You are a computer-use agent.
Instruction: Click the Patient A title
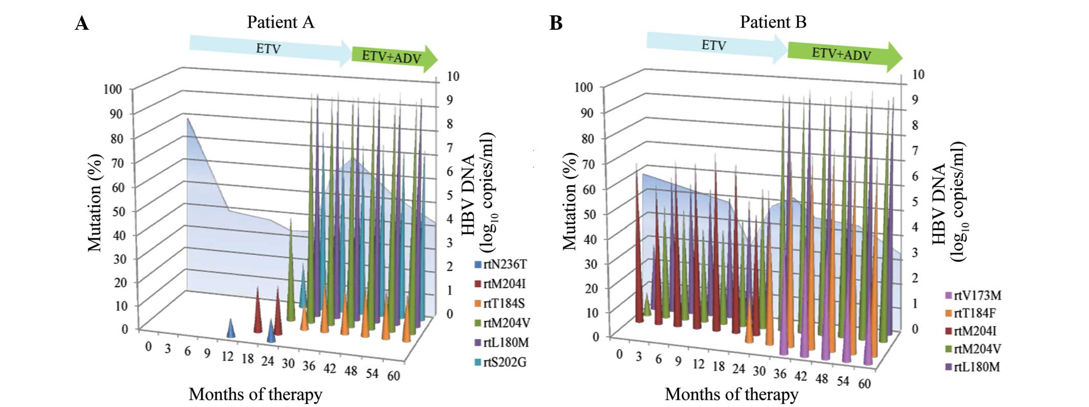point(280,22)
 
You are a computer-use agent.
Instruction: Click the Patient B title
point(772,22)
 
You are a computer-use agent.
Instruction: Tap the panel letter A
point(82,24)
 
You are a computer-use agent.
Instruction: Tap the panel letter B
point(556,24)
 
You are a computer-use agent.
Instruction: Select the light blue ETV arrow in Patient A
point(268,49)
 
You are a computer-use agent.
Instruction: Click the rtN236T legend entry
point(500,264)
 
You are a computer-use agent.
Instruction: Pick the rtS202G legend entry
point(500,362)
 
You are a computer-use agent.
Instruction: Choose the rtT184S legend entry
point(500,303)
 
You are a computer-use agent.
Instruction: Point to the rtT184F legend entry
point(971,313)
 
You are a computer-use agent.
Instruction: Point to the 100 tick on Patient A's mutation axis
point(112,89)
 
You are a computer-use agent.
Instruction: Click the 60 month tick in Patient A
point(393,376)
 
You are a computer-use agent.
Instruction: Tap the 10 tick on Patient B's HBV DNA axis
point(918,74)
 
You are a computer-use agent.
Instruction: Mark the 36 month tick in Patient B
point(779,374)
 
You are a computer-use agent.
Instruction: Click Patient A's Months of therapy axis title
point(255,394)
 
